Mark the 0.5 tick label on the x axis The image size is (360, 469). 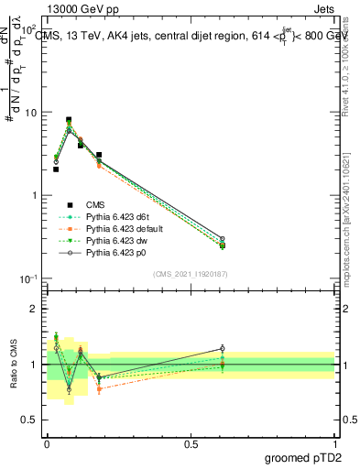click(x=191, y=442)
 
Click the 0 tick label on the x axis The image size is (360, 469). click(x=47, y=442)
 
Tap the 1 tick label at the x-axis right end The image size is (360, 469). click(x=335, y=442)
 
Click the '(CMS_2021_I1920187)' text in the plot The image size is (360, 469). click(x=191, y=274)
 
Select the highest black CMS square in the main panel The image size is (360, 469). click(x=69, y=120)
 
